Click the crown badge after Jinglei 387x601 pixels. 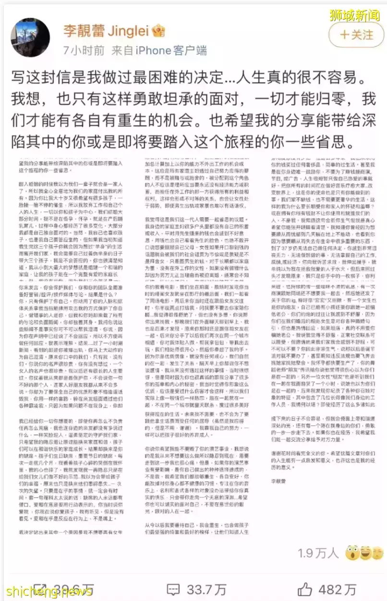(158, 32)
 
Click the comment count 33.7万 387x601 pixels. (207, 589)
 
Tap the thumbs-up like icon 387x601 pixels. (305, 589)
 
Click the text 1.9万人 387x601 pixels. (318, 553)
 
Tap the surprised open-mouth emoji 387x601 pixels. (352, 552)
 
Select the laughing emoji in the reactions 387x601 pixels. (366, 552)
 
